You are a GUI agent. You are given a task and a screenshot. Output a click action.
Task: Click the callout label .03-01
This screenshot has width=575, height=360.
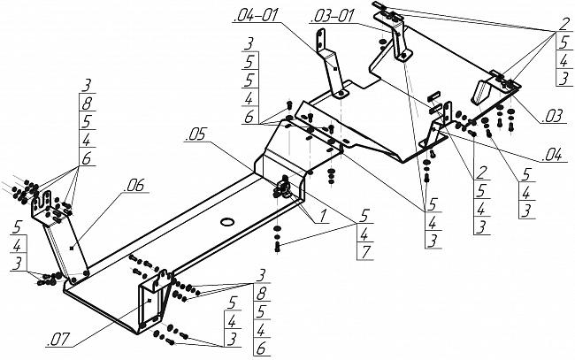(x=333, y=16)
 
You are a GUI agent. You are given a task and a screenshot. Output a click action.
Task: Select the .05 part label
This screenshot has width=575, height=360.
(x=197, y=134)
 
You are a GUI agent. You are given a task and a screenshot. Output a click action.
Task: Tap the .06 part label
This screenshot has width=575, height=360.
(x=134, y=186)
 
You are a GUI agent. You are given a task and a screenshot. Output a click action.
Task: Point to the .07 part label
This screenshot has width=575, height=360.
(x=57, y=340)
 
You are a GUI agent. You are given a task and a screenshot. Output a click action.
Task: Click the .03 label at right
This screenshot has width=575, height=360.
(x=552, y=116)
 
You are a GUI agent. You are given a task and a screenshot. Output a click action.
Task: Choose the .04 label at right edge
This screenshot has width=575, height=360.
(x=552, y=155)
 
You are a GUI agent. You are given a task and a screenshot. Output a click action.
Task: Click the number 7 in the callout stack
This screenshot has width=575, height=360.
(x=364, y=252)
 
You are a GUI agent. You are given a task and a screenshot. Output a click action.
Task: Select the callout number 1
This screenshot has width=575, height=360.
(x=322, y=216)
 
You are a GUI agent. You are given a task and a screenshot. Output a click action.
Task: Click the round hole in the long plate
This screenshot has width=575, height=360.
(x=227, y=221)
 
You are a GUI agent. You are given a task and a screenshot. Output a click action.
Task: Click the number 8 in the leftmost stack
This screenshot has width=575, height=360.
(x=87, y=103)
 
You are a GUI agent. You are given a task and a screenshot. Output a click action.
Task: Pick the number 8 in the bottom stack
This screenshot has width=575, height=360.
(x=261, y=294)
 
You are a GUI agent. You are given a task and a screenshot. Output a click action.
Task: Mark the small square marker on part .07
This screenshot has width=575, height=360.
(x=149, y=300)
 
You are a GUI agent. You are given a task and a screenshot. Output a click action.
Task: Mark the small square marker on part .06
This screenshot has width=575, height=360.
(x=72, y=249)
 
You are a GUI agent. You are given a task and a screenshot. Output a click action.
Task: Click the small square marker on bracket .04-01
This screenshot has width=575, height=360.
(x=334, y=69)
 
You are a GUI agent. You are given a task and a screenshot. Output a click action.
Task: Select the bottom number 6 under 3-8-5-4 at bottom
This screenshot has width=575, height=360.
(x=261, y=349)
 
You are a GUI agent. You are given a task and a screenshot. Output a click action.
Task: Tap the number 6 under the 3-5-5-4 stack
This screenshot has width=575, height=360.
(x=249, y=117)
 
